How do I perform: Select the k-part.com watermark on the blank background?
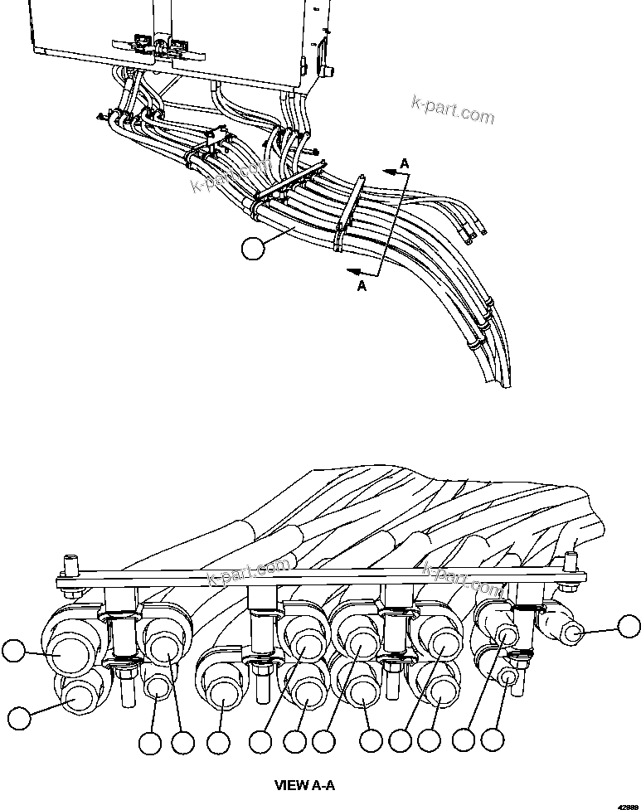tap(453, 109)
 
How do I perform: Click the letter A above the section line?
tap(404, 165)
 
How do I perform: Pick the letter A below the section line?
tap(361, 285)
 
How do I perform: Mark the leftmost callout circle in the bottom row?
tap(149, 744)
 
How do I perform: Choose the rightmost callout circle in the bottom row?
tap(493, 740)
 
